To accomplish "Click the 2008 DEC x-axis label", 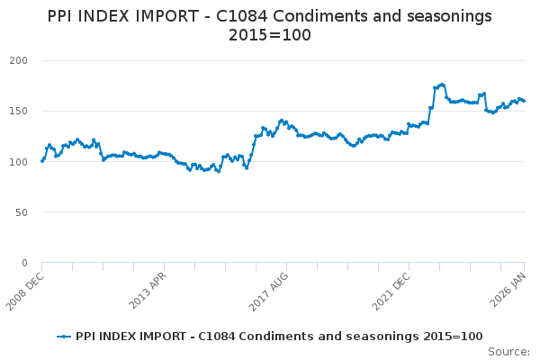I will (25, 289).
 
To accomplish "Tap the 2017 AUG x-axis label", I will (269, 289).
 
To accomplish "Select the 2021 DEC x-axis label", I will (391, 289).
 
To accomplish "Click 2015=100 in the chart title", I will (270, 34).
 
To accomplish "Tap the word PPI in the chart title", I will (65, 16).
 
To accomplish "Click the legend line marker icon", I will (64, 337).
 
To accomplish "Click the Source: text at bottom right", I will (508, 351).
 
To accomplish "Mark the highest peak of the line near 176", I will (442, 85).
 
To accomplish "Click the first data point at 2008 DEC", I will (42, 161).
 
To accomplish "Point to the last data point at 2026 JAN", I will (525, 101).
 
